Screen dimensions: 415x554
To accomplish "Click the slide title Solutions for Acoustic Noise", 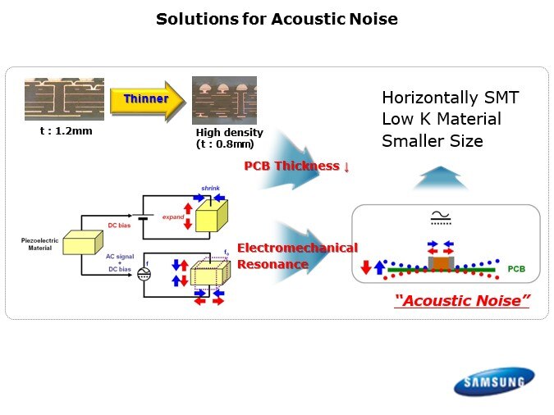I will [x=277, y=19].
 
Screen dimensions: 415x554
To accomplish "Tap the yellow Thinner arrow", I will [x=148, y=99].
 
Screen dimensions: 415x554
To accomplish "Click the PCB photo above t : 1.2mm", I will [x=64, y=99].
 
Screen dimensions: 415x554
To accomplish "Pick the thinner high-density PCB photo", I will [x=224, y=100].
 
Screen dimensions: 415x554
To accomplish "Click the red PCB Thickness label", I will [x=297, y=166].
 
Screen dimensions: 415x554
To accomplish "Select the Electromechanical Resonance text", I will [x=297, y=255].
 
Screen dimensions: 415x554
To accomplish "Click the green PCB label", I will [x=516, y=268].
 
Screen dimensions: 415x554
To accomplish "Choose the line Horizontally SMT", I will [x=451, y=98].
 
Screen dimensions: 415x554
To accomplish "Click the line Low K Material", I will [x=441, y=120].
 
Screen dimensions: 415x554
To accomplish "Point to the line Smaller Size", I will [x=433, y=141].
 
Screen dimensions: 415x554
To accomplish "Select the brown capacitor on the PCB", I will [x=441, y=262].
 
